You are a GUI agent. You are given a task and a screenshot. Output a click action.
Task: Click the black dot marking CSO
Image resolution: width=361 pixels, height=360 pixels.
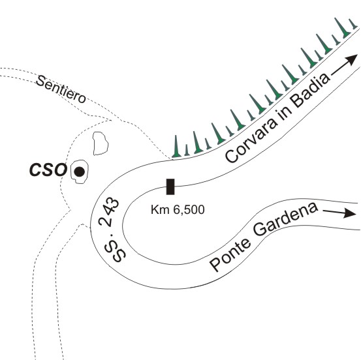(79, 172)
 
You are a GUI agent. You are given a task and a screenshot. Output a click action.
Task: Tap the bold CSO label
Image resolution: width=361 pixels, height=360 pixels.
(48, 170)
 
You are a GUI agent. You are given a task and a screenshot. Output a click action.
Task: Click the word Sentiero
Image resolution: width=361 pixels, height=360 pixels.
(61, 89)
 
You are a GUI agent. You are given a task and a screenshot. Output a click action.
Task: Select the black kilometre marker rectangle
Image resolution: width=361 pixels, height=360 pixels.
(170, 187)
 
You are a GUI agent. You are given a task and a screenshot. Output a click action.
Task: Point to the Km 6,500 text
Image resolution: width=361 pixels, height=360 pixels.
(178, 210)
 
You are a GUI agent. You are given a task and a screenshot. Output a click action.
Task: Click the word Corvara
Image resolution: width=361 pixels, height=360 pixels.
(251, 142)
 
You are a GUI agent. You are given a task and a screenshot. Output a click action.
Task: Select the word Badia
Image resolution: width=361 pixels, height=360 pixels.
(309, 91)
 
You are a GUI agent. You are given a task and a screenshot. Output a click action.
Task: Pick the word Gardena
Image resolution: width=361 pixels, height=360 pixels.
(285, 219)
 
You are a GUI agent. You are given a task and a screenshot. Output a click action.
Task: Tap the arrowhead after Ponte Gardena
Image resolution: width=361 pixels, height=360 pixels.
(350, 213)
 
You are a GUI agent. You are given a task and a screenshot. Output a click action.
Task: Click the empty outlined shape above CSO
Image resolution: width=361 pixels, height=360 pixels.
(101, 143)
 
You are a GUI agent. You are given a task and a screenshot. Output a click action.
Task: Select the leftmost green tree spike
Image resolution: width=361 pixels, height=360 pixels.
(176, 147)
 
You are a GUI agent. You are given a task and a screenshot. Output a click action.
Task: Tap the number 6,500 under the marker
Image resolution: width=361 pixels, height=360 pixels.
(189, 210)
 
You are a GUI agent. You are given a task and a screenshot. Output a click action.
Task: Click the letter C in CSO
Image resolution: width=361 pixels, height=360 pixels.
(35, 170)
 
